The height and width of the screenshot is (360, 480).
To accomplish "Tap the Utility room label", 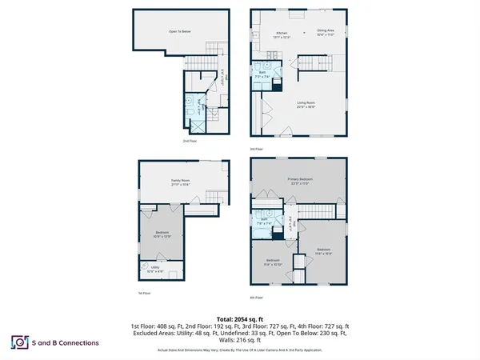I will coord(155,270).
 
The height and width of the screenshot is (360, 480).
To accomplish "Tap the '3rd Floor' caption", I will coord(255,147).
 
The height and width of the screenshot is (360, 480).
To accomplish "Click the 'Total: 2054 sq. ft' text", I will coord(240,319).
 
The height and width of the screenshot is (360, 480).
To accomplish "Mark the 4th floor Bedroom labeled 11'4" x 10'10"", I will coord(274,262).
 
